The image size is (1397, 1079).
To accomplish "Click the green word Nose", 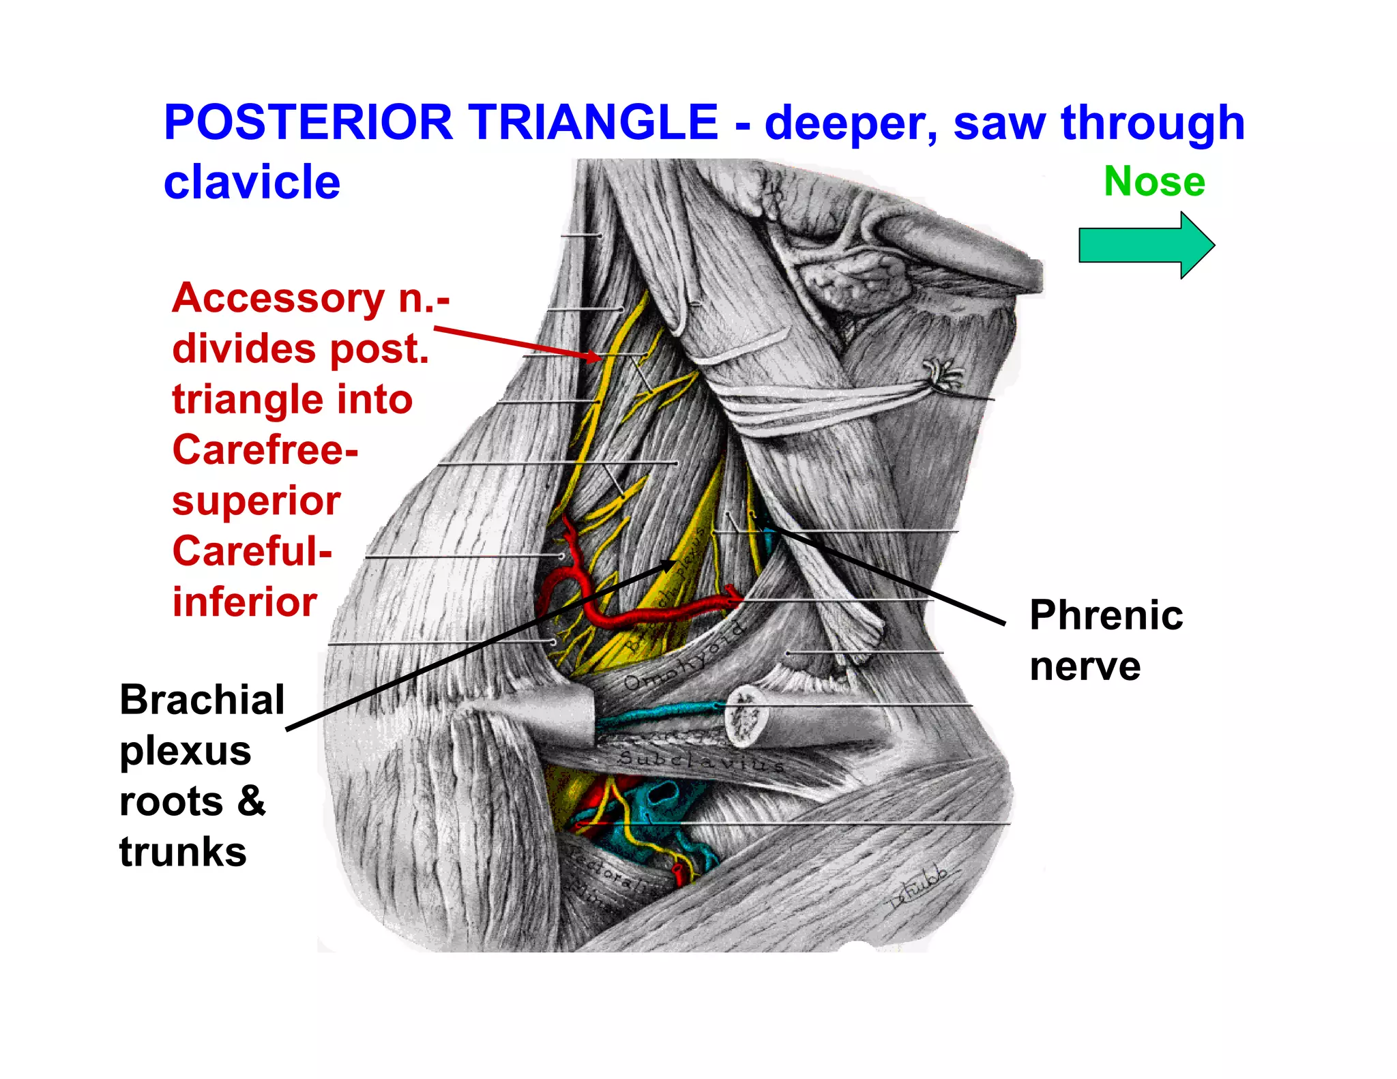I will point(1154,181).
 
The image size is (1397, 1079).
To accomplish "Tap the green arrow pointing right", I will point(1146,246).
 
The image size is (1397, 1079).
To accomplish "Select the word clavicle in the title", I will point(252,183).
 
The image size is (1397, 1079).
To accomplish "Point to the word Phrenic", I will point(1106,615).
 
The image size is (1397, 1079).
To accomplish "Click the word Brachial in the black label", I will point(202,700).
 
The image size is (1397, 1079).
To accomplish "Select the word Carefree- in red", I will point(265,450).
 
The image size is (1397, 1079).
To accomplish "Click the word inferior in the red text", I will point(245,602).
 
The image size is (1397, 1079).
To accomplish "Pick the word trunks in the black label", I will point(183,853).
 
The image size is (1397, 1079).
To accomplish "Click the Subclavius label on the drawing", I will point(703,760).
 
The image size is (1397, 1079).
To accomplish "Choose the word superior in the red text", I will point(256,501).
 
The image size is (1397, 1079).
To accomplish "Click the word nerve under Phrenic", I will point(1085,666).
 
